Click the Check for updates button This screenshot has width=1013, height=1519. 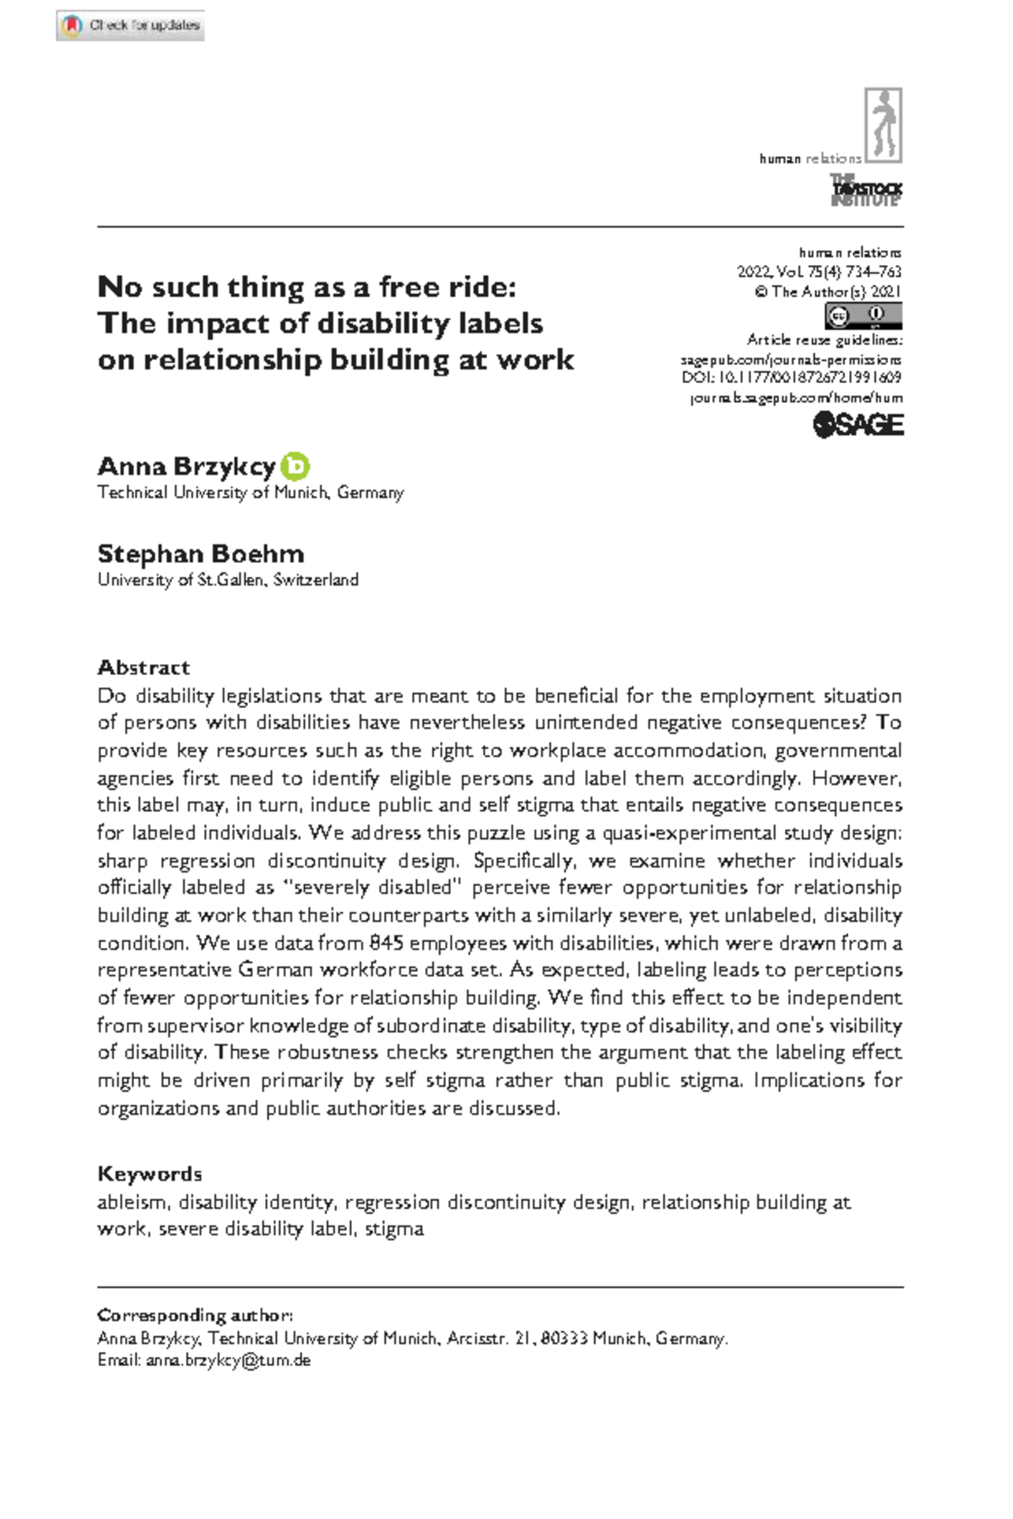131,25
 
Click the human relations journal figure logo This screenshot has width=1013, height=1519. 883,125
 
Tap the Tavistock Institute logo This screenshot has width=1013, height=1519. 866,190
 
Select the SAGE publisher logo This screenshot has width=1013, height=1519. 858,424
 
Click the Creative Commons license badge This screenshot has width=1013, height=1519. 863,316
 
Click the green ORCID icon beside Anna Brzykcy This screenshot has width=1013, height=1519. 295,466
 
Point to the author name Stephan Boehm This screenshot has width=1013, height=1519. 201,554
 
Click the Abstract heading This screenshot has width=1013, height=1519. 144,668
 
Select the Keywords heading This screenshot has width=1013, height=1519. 149,1174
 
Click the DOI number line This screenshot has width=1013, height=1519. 791,377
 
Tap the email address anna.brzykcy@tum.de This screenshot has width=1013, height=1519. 228,1360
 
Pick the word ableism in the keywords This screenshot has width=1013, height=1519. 133,1202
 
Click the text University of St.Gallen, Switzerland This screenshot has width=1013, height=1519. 228,580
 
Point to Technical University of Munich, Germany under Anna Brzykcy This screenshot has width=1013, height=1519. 251,492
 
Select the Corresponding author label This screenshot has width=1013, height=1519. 195,1315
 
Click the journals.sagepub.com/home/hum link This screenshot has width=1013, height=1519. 796,397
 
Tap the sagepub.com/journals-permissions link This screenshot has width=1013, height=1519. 791,359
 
